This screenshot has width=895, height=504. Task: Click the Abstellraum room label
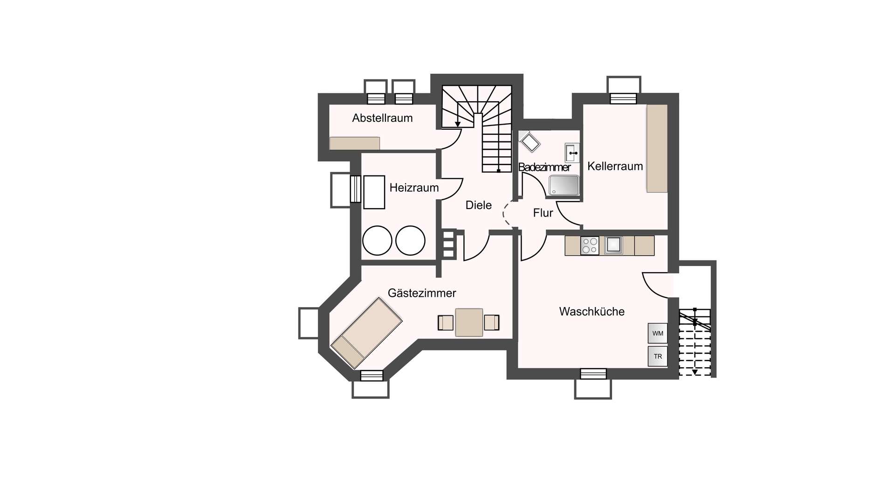pyautogui.click(x=382, y=118)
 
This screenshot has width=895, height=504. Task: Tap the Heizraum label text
pyautogui.click(x=414, y=188)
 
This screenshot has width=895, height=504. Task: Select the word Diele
pyautogui.click(x=479, y=205)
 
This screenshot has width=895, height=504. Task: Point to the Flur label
pyautogui.click(x=543, y=213)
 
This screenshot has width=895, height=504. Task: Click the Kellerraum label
pyautogui.click(x=615, y=166)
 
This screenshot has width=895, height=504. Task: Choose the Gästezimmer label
pyautogui.click(x=422, y=293)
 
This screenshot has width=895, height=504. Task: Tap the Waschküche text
pyautogui.click(x=592, y=311)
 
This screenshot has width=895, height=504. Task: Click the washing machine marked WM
pyautogui.click(x=658, y=333)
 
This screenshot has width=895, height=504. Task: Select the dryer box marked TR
pyautogui.click(x=658, y=356)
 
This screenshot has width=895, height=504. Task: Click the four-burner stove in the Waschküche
pyautogui.click(x=590, y=245)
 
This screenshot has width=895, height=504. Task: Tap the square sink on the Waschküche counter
pyautogui.click(x=613, y=245)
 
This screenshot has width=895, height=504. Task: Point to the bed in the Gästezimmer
pyautogui.click(x=367, y=333)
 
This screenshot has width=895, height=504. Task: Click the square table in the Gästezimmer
pyautogui.click(x=469, y=322)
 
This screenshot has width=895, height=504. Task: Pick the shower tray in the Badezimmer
pyautogui.click(x=564, y=185)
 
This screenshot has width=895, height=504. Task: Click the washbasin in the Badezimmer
pyautogui.click(x=572, y=153)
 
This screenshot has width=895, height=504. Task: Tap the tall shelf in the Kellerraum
pyautogui.click(x=657, y=148)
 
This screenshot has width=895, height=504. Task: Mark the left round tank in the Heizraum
pyautogui.click(x=377, y=241)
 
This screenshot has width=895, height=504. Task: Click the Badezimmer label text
pyautogui.click(x=544, y=167)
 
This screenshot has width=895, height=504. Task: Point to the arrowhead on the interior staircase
pyautogui.click(x=458, y=124)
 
